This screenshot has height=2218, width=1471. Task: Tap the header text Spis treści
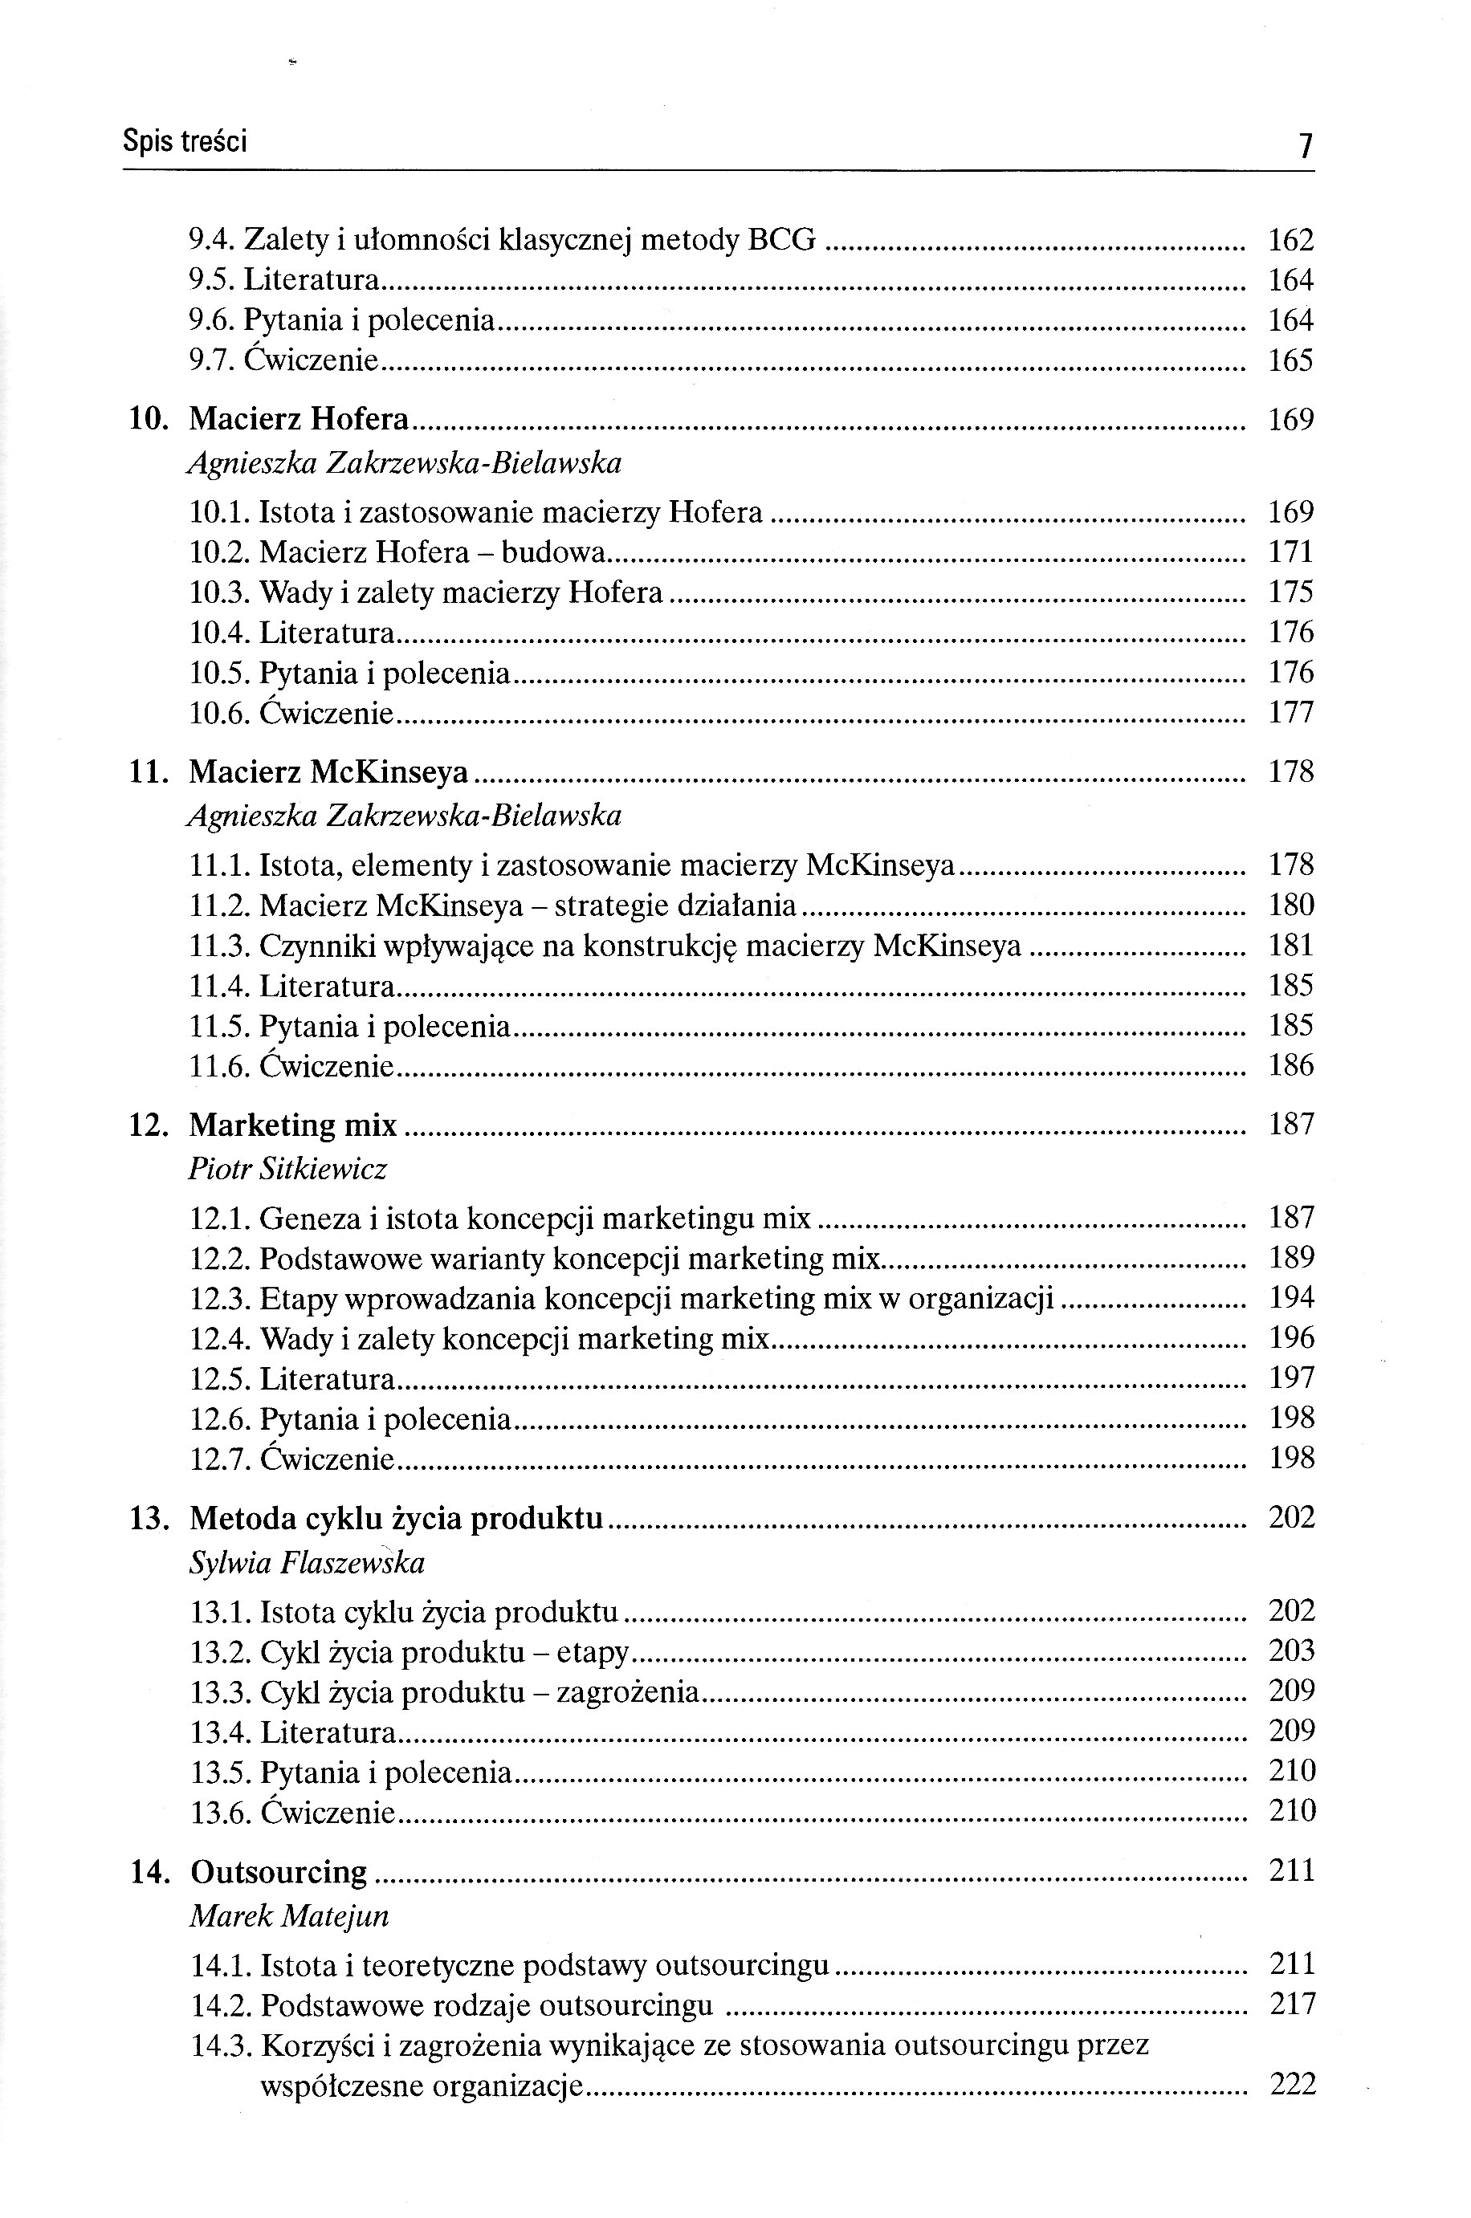(x=185, y=141)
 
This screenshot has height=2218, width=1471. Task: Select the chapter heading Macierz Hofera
(x=299, y=419)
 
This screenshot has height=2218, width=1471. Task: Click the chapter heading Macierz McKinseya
(x=328, y=772)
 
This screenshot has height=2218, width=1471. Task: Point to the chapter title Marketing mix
(x=294, y=1125)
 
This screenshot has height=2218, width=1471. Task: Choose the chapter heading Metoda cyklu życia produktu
(x=396, y=1517)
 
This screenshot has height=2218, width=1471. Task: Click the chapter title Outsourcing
(x=279, y=1871)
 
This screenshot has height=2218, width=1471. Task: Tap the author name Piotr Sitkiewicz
(x=288, y=1169)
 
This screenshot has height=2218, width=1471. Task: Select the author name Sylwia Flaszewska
(x=308, y=1562)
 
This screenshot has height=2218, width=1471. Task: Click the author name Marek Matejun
(x=289, y=1915)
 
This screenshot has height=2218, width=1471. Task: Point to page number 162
(x=1291, y=241)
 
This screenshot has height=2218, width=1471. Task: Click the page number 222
(x=1293, y=2085)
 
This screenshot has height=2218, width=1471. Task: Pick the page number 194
(x=1292, y=1298)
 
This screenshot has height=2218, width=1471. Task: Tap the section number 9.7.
(x=212, y=361)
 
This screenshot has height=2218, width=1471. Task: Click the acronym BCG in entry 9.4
(x=781, y=241)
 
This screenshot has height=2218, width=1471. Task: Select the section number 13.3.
(x=221, y=1692)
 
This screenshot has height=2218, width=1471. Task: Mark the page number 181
(x=1291, y=946)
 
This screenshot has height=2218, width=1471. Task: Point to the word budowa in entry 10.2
(x=552, y=552)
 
